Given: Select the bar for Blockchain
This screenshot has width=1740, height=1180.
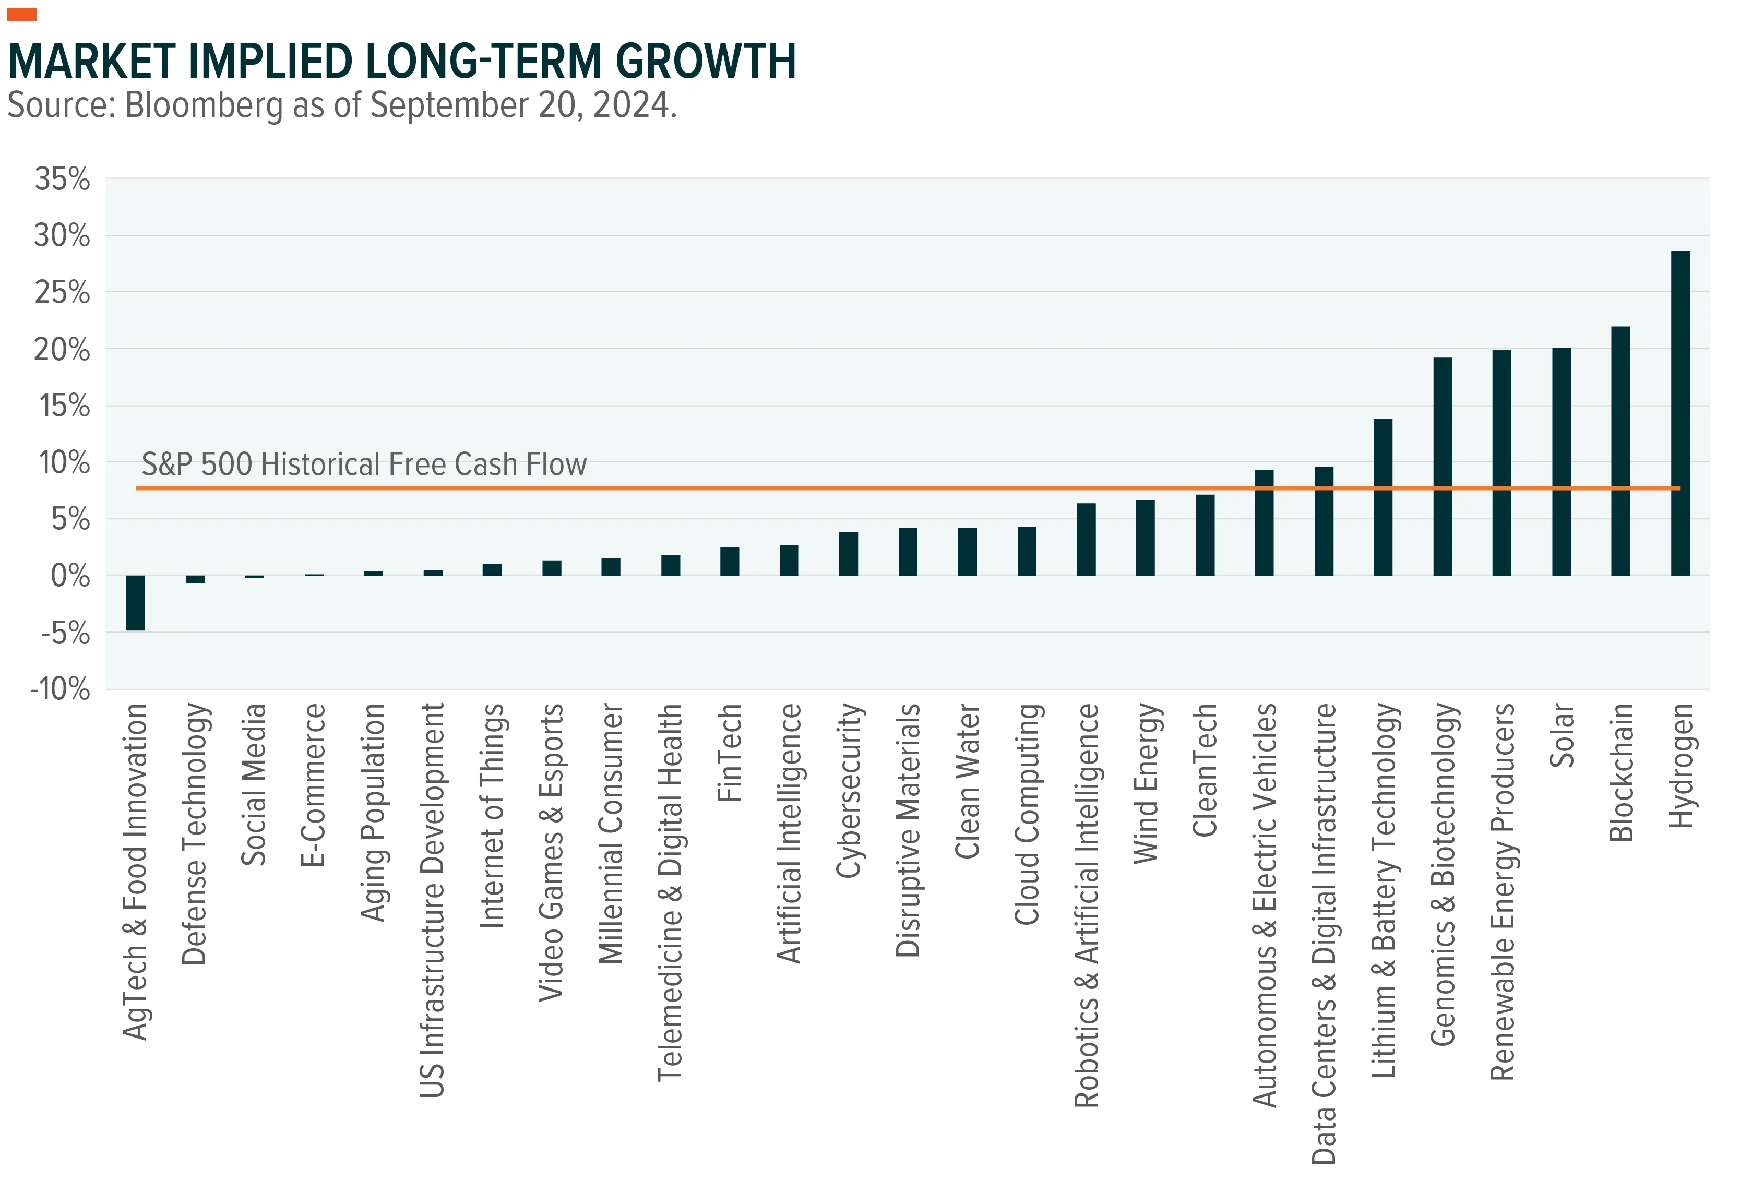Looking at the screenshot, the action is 1620,451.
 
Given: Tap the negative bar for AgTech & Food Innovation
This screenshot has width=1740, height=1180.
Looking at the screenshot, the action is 136,603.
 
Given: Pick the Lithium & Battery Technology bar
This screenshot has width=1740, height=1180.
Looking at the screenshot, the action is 1383,497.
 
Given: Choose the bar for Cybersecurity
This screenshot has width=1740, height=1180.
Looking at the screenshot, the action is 848,554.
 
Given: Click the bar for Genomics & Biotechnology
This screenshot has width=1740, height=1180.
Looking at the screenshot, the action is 1442,467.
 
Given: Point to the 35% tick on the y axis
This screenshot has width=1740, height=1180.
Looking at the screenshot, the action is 62,179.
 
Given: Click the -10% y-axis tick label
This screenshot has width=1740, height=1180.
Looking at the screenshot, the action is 60,689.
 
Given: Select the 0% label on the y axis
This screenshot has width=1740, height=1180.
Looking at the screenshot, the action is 70,576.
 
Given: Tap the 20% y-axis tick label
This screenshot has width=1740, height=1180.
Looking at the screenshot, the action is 62,349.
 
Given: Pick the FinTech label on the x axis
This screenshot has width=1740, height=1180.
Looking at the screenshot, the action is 729,753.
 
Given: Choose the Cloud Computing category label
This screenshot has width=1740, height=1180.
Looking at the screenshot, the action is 1027,814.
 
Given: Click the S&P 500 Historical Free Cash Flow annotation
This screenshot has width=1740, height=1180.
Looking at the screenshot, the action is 364,464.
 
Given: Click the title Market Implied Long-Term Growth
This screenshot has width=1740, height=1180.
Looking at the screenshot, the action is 402,62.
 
